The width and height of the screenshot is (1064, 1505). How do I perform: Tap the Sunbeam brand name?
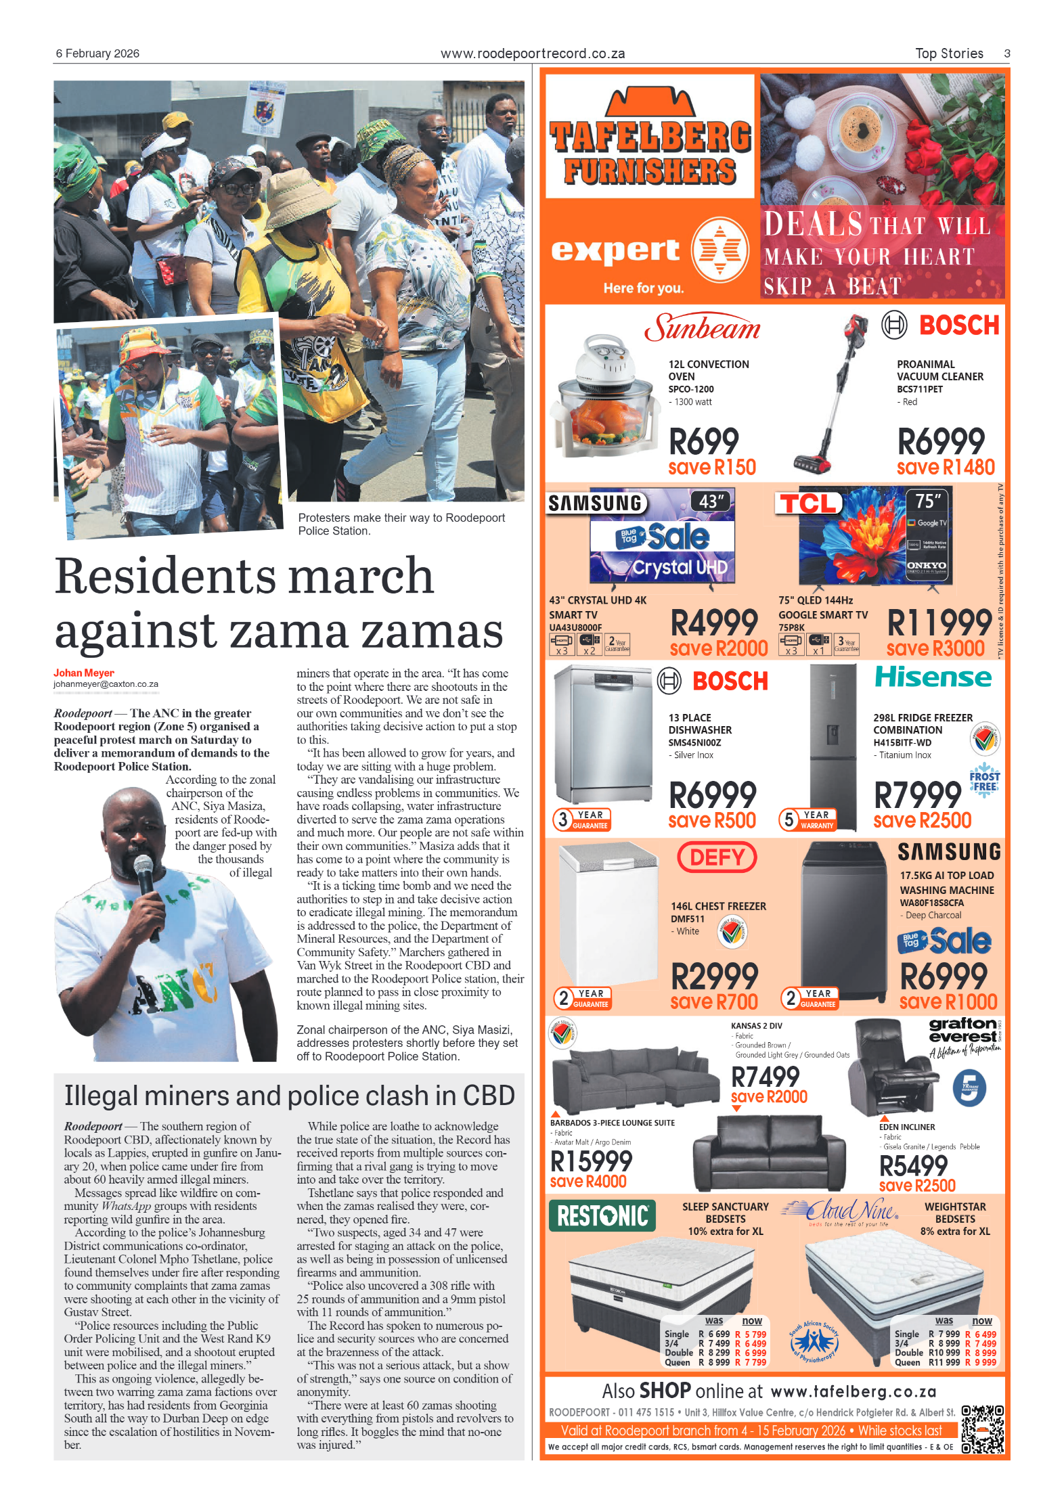click(703, 328)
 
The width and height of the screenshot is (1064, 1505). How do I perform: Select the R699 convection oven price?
click(704, 442)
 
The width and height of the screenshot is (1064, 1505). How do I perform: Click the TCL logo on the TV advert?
click(808, 503)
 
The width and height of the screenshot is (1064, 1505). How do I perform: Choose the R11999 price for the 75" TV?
click(939, 623)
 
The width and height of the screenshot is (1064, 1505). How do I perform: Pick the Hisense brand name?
click(933, 677)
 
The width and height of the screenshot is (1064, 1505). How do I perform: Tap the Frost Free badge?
click(984, 781)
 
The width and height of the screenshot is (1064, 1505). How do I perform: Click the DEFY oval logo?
click(717, 857)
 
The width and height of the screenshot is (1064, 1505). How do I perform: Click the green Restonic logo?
click(602, 1216)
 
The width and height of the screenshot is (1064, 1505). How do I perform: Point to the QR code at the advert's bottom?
click(982, 1429)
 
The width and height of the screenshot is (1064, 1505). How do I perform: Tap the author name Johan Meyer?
click(84, 673)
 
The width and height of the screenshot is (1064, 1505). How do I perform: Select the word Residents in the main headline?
click(165, 577)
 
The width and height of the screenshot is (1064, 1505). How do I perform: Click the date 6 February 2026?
click(97, 53)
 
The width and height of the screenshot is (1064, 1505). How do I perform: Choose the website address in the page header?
click(532, 53)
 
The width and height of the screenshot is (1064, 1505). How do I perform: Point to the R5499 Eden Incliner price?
click(913, 1166)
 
